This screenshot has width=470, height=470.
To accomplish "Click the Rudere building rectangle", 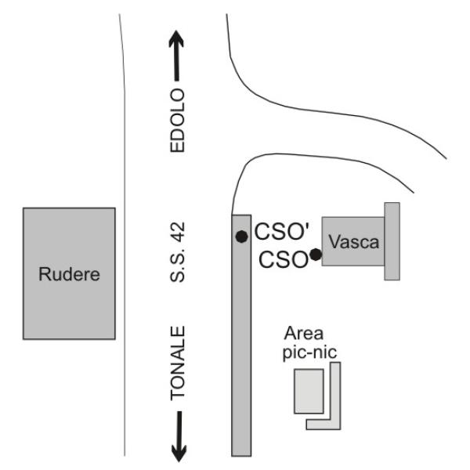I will pyautogui.click(x=69, y=235).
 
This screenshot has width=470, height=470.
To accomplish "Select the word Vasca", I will pyautogui.click(x=353, y=243).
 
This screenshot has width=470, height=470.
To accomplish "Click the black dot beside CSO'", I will pyautogui.click(x=241, y=237).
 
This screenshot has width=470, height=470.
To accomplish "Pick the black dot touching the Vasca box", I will pyautogui.click(x=315, y=255).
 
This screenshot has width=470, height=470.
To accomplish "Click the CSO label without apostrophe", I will pyautogui.click(x=281, y=258).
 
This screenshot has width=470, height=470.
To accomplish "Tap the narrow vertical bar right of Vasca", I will pyautogui.click(x=392, y=240).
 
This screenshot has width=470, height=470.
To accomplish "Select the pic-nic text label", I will pyautogui.click(x=309, y=352).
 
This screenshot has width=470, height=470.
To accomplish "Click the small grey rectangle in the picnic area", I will pyautogui.click(x=309, y=389).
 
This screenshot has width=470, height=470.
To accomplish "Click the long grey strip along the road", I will pyautogui.click(x=241, y=352).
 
